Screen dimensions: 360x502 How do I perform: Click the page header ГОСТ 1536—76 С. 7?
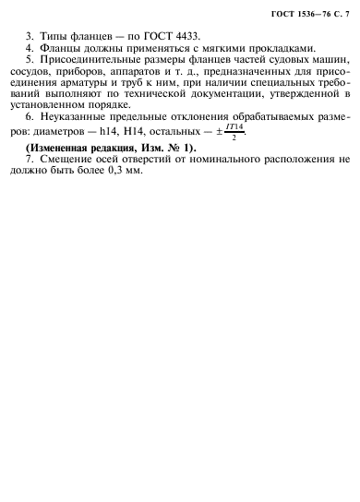pos(303,10)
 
